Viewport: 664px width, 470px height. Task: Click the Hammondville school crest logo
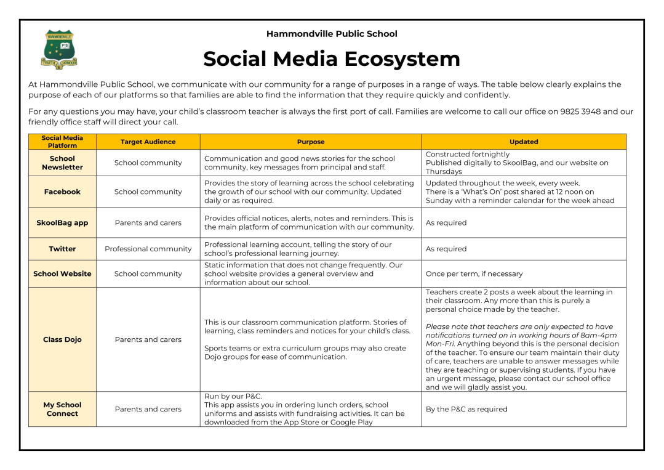point(58,49)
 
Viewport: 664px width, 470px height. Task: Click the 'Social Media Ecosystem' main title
point(332,59)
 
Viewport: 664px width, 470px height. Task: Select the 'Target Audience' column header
point(148,142)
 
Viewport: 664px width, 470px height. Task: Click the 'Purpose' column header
point(311,142)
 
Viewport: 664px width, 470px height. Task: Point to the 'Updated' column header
point(524,142)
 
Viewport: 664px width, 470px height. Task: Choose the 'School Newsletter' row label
point(62,163)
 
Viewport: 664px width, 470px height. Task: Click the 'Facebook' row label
point(62,192)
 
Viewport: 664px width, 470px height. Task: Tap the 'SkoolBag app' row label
point(62,222)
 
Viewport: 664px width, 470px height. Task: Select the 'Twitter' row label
point(62,249)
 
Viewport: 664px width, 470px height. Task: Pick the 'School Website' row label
point(62,273)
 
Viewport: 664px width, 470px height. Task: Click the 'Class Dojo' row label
point(62,339)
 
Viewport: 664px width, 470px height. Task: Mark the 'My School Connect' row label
point(62,409)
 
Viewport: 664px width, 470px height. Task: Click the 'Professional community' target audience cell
point(148,249)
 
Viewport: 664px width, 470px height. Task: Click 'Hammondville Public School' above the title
point(332,34)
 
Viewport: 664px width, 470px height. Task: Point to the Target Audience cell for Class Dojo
point(148,339)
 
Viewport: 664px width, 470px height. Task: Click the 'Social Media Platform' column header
point(62,142)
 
